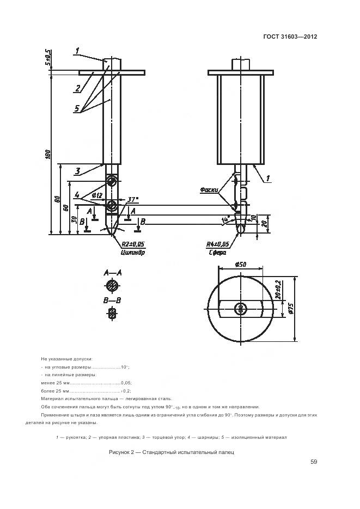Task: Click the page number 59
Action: pyautogui.click(x=314, y=462)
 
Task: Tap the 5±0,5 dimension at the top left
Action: pyautogui.click(x=48, y=57)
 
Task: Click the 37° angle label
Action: pyautogui.click(x=132, y=200)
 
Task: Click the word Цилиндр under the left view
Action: pyautogui.click(x=132, y=252)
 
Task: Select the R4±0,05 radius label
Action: pyautogui.click(x=217, y=244)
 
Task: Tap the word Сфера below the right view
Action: pyautogui.click(x=217, y=253)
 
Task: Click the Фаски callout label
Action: pyautogui.click(x=209, y=190)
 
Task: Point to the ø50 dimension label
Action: pyautogui.click(x=240, y=264)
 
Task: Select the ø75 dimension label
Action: pyautogui.click(x=291, y=308)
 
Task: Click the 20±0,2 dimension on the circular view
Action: pyautogui.click(x=277, y=291)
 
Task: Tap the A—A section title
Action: pyautogui.click(x=112, y=272)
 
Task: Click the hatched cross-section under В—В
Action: pyautogui.click(x=112, y=313)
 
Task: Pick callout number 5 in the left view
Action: pyautogui.click(x=77, y=108)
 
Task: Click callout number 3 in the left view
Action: pyautogui.click(x=77, y=171)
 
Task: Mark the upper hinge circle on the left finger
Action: pyautogui.click(x=112, y=181)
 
